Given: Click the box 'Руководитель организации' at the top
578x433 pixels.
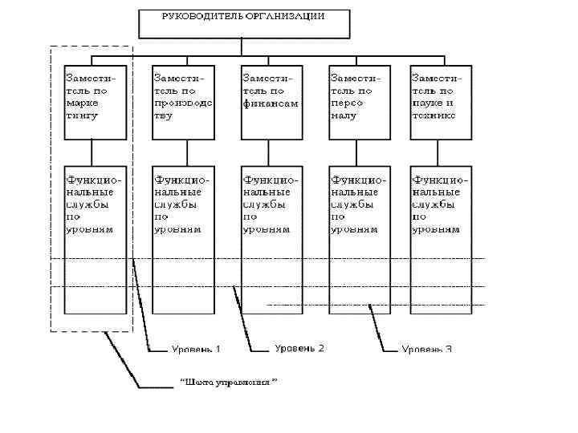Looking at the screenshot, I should point(244,23).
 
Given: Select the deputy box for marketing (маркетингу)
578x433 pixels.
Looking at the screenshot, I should point(96,103).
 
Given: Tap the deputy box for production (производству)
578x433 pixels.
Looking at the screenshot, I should point(184,103).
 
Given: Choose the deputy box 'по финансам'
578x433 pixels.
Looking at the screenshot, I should point(272,103).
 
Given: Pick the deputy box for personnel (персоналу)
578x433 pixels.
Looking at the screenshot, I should point(360,103).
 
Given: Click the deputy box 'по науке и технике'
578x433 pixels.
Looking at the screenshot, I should point(440,103).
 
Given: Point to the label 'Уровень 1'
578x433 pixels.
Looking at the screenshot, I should point(196,349).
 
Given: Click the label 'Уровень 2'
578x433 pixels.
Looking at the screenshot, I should point(299,348).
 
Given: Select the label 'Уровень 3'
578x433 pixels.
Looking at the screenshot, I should point(426,349).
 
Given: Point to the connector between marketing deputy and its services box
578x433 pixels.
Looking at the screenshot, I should point(94,153).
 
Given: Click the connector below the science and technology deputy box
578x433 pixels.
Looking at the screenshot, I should point(439,153).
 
